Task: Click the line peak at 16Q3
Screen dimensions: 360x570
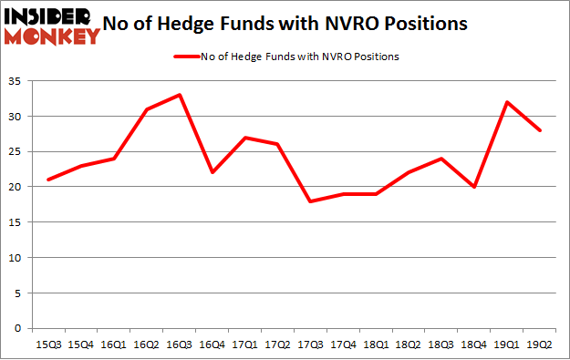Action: pyautogui.click(x=179, y=95)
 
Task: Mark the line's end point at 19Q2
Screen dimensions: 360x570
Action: pyautogui.click(x=542, y=130)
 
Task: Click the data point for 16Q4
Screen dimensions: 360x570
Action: pyautogui.click(x=212, y=172)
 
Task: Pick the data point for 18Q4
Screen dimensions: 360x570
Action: pyautogui.click(x=474, y=187)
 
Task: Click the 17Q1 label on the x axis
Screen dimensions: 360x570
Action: pyautogui.click(x=245, y=345)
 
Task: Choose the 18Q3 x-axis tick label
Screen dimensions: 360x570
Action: pyautogui.click(x=442, y=345)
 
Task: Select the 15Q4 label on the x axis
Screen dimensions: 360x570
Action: pyautogui.click(x=82, y=345)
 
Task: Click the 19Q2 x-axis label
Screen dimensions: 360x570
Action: pyautogui.click(x=542, y=345)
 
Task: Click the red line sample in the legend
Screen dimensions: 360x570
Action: pyautogui.click(x=185, y=57)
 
